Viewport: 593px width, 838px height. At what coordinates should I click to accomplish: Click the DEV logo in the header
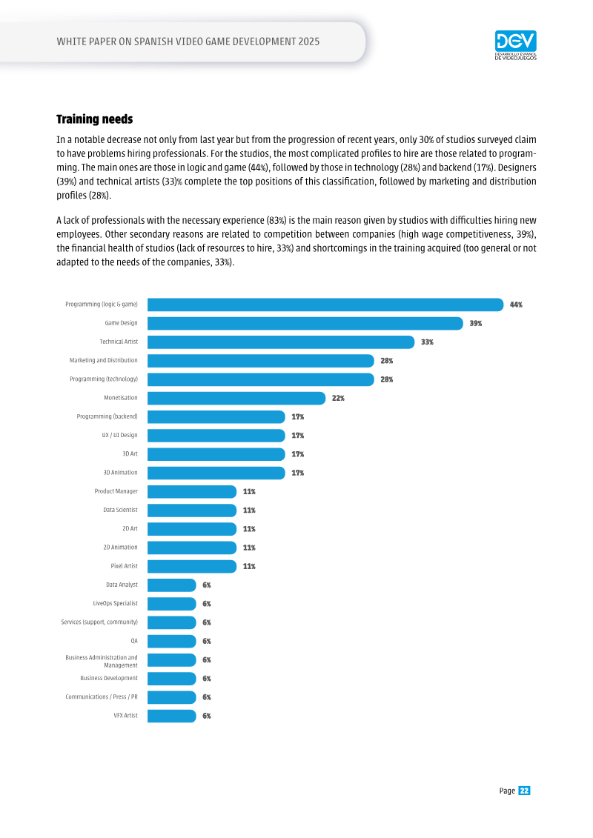[x=515, y=45]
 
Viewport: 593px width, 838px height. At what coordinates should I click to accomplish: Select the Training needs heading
[x=95, y=119]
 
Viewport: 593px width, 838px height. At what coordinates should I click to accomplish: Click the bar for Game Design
[x=305, y=323]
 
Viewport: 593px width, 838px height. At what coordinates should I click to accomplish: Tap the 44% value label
[x=516, y=305]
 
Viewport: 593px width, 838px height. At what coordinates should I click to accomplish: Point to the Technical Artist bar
[x=281, y=342]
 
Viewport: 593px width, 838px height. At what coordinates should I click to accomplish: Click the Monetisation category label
[x=121, y=398]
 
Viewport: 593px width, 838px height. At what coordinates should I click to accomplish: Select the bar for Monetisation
[x=236, y=398]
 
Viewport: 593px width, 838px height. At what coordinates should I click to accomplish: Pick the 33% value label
[x=427, y=342]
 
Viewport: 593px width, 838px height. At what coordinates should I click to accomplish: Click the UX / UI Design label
[x=120, y=435]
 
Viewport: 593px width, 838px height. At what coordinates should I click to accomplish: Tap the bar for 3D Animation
[x=216, y=473]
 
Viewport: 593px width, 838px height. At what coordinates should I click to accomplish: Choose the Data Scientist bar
[x=192, y=511]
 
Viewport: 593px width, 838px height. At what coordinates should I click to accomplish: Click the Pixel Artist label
[x=124, y=566]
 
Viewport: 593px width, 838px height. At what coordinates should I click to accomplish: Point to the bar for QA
[x=172, y=642]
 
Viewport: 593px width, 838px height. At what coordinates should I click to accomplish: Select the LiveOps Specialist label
[x=116, y=603]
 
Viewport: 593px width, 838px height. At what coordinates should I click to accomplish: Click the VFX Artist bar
[x=172, y=716]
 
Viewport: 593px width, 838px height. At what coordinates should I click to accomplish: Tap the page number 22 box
[x=524, y=791]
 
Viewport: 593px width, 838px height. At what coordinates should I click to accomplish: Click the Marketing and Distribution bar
[x=260, y=361]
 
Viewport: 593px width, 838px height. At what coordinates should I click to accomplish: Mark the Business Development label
[x=109, y=678]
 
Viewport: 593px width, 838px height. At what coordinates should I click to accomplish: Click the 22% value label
[x=339, y=398]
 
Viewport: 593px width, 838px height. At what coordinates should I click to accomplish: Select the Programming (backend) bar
[x=216, y=417]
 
